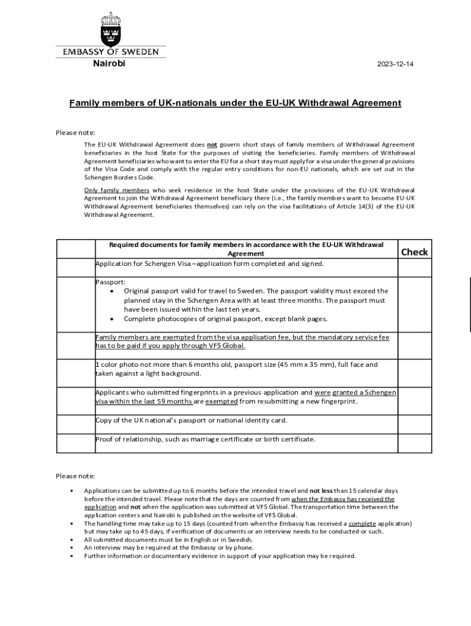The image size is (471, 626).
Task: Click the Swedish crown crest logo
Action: coord(111,28)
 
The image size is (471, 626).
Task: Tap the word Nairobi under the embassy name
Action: coord(109,64)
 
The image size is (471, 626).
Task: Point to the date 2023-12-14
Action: coord(395,64)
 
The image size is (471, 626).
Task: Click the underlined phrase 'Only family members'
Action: coord(116,190)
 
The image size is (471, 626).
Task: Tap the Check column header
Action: coord(414,252)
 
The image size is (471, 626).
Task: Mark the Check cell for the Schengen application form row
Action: coord(414,267)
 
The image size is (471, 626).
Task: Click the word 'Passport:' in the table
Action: coord(110,282)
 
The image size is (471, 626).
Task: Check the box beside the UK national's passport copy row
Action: coord(414,424)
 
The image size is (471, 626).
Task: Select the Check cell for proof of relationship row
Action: coord(414,443)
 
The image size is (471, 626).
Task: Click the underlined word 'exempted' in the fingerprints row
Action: coord(221,402)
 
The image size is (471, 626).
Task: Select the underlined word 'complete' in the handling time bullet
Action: coord(363,524)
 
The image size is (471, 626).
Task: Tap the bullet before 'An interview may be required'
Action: coord(72,548)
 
